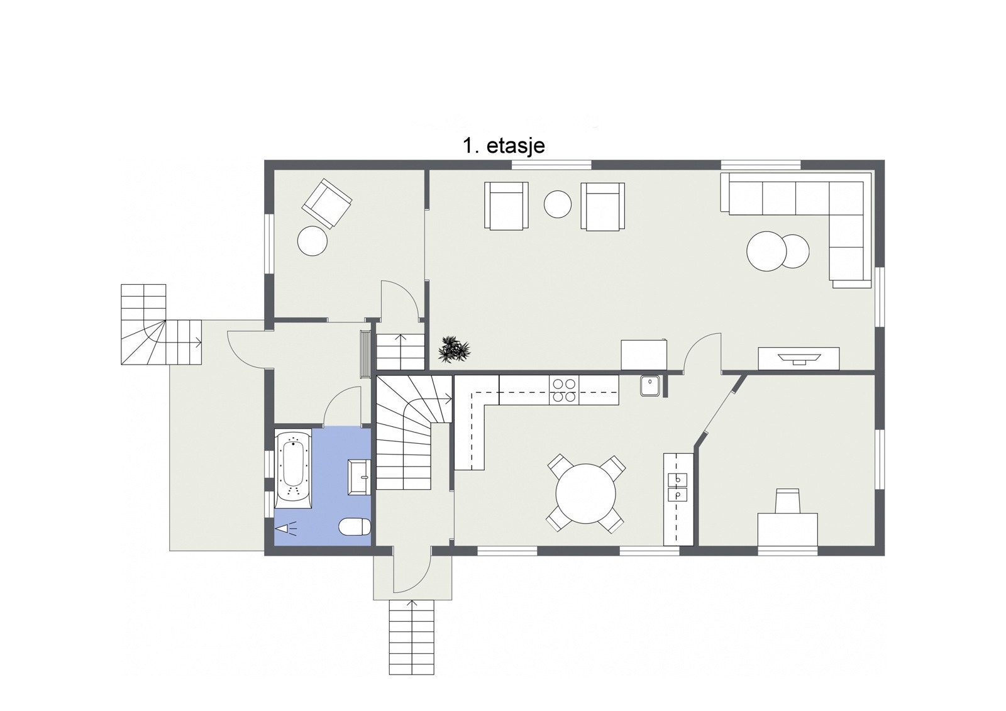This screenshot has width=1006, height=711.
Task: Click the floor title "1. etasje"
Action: click(x=504, y=146)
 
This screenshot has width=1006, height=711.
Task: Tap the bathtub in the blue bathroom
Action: click(x=293, y=468)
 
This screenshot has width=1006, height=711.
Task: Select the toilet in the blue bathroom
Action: click(x=355, y=526)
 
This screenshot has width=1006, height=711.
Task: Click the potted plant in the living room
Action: click(x=453, y=349)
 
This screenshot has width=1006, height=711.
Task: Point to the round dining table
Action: click(x=585, y=493)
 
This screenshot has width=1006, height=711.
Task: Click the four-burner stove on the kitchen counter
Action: click(x=564, y=390)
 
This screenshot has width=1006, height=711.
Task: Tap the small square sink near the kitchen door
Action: click(x=649, y=386)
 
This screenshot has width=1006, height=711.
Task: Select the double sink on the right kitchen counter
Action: click(x=678, y=487)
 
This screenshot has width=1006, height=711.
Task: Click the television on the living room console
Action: click(x=799, y=358)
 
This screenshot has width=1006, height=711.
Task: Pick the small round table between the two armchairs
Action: click(x=557, y=204)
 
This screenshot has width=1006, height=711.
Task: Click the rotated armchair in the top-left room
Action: click(x=326, y=203)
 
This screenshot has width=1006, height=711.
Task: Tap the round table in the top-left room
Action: click(x=312, y=241)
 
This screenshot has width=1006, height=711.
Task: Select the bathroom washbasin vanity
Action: click(x=359, y=477)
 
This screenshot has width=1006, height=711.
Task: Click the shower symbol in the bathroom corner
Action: click(x=287, y=527)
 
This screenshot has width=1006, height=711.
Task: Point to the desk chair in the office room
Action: click(x=787, y=500)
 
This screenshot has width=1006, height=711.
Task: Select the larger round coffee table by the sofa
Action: click(x=766, y=251)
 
